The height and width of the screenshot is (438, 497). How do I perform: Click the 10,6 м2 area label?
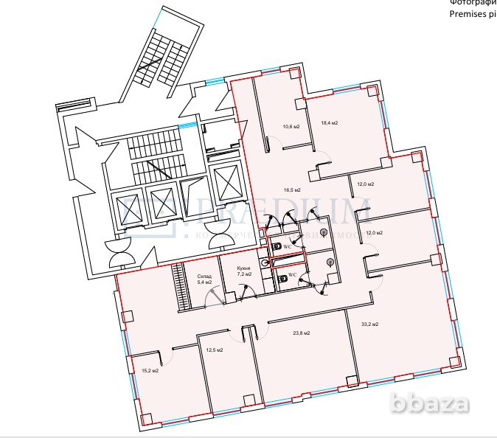click(291, 127)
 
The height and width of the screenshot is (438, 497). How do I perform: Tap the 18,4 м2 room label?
click(329, 123)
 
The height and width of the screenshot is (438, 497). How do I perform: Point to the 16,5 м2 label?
click(293, 190)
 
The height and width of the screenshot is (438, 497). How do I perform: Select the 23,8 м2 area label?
click(301, 333)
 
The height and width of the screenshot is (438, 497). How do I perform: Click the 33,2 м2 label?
click(369, 324)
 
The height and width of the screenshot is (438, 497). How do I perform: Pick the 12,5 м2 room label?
click(214, 350)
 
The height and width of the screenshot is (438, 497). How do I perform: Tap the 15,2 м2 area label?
click(150, 370)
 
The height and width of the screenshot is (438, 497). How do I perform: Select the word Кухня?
click(244, 268)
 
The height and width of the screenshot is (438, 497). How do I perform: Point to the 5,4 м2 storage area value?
click(204, 282)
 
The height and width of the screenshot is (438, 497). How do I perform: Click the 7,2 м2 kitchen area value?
click(244, 274)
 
